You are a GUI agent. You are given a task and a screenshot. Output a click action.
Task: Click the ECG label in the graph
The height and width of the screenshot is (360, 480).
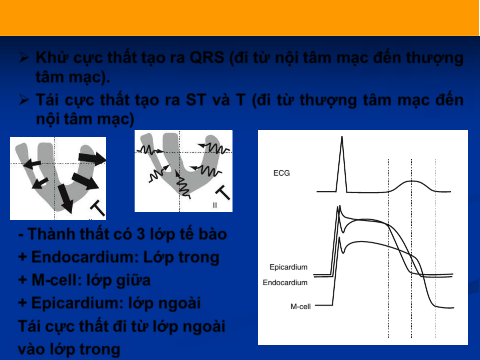pos(281,173)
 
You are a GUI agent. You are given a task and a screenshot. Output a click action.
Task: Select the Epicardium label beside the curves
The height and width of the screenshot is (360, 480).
pos(288,267)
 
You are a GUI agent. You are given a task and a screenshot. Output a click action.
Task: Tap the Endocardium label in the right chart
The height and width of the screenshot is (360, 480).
pos(285,283)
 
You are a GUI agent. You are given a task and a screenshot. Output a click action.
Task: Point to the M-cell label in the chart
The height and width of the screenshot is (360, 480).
pos(300,307)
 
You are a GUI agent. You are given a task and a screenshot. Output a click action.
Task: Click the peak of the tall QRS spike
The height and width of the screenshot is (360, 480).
pos(342,137)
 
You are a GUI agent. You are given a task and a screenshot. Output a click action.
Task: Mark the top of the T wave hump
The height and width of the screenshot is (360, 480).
pos(411,181)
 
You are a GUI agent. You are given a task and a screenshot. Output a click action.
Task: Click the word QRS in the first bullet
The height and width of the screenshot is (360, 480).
pos(207,58)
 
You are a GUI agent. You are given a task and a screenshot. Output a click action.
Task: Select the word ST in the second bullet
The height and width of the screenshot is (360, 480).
pos(196,100)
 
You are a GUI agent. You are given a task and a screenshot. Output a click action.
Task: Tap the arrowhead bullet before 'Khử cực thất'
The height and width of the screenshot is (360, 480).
pos(24,58)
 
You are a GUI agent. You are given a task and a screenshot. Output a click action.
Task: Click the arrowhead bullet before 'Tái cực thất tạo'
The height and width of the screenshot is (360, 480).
pos(24,100)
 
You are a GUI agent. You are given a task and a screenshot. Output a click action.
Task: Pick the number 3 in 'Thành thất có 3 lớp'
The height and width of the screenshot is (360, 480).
pos(141,234)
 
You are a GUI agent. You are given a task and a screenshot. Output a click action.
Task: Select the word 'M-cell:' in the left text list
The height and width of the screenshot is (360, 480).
pos(57,280)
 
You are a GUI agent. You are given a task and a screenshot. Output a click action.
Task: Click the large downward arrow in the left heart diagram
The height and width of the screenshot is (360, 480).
pos(66,198)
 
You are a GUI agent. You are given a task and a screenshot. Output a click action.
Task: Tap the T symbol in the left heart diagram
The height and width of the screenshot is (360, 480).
pos(98,207)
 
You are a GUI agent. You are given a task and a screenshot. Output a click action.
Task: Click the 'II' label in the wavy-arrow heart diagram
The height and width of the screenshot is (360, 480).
pos(215,205)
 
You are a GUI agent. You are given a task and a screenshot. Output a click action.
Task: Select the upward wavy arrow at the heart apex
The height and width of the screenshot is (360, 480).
pos(183,185)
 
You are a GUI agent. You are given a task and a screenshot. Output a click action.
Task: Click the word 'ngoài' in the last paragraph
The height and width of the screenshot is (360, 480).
pos(204,327)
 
